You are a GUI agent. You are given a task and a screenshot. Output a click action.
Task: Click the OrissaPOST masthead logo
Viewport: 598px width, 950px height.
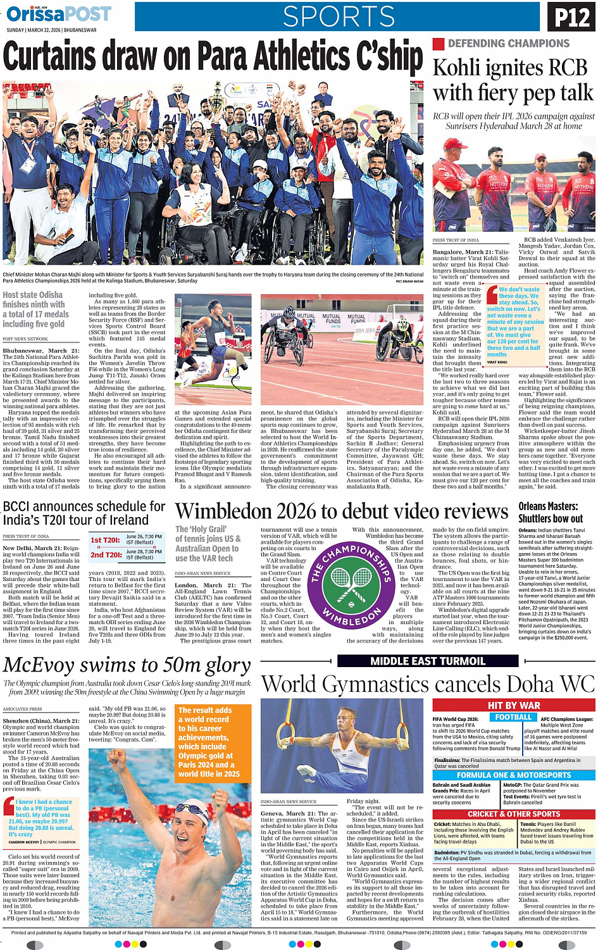(x=58, y=14)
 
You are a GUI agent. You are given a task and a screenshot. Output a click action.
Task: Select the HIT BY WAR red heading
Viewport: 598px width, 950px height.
(x=513, y=705)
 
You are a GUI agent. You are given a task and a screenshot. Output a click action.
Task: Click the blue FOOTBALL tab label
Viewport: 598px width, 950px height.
(x=513, y=717)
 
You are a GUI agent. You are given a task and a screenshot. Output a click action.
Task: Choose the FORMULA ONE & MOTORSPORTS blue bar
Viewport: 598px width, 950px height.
(x=513, y=775)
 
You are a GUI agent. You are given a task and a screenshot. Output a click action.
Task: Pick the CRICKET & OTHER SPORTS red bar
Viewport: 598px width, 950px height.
(x=513, y=814)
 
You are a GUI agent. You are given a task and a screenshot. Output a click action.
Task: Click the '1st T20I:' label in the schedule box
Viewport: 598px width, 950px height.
(x=106, y=540)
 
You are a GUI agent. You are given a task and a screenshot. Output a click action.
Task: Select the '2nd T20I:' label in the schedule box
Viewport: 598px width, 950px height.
(x=106, y=554)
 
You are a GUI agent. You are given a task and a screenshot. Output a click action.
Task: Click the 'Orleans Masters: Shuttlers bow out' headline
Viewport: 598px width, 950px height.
(x=551, y=513)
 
